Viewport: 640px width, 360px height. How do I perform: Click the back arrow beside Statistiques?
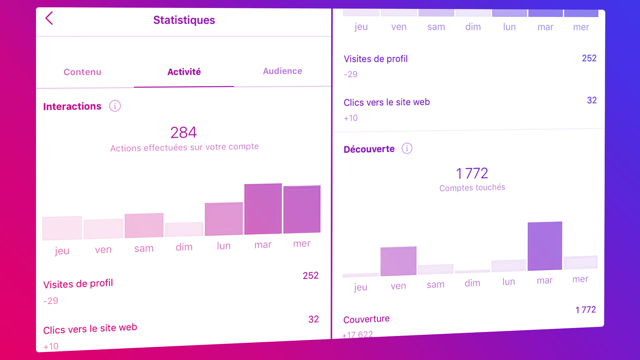(49, 18)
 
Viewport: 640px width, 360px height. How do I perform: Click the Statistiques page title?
(184, 20)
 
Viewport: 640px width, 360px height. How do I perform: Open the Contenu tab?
(82, 72)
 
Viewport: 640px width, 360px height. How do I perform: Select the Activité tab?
(184, 72)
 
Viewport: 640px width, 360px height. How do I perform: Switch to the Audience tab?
(282, 71)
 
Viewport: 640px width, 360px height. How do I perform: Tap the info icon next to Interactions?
(115, 106)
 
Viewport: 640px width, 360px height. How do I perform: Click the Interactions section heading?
(72, 106)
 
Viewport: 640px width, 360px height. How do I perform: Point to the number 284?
(183, 132)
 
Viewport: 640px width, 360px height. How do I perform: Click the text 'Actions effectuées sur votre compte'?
(184, 147)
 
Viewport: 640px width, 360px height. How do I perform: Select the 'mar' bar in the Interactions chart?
(263, 209)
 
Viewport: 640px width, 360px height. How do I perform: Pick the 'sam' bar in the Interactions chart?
(144, 226)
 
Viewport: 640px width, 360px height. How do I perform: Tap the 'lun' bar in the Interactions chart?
(224, 219)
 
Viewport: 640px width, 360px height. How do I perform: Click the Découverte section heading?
(369, 149)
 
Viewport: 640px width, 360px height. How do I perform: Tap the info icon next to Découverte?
(407, 148)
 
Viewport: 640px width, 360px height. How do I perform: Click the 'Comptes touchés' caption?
(472, 188)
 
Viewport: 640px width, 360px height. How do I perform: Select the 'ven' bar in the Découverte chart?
(398, 261)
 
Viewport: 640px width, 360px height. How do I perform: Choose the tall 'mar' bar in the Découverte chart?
(545, 246)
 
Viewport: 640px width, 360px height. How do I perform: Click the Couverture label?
(366, 319)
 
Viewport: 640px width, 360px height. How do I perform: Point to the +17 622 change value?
(358, 334)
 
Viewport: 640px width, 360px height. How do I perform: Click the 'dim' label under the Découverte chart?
(472, 283)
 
